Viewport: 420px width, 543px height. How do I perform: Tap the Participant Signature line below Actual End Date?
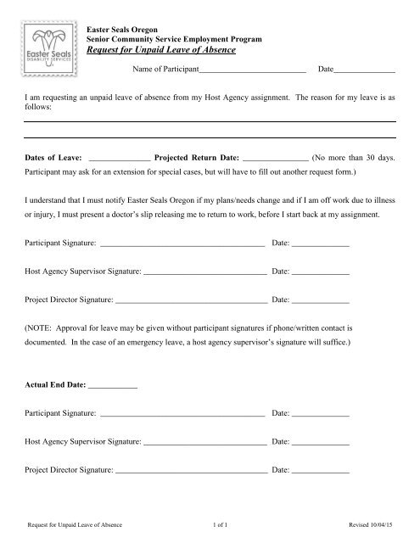coord(182,413)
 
